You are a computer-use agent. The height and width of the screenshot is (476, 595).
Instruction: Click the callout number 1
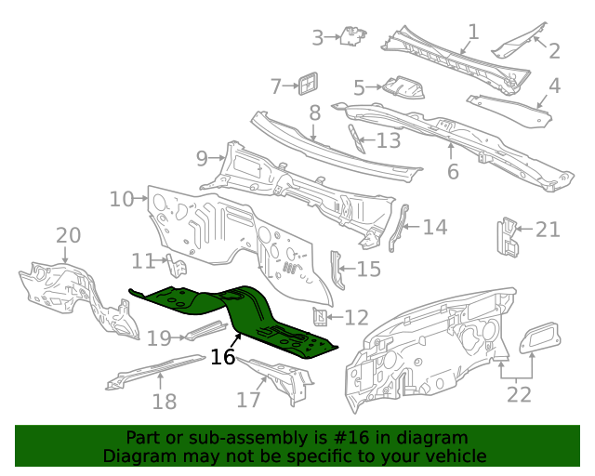click(473, 32)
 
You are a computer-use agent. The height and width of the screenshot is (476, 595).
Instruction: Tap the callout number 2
click(554, 51)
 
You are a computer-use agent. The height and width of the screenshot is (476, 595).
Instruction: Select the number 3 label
click(318, 38)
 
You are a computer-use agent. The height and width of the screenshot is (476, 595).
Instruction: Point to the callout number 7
click(276, 86)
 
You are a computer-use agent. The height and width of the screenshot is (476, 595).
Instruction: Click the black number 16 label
click(222, 357)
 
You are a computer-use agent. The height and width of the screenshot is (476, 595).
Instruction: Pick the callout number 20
click(69, 236)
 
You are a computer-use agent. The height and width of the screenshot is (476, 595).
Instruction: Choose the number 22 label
click(519, 394)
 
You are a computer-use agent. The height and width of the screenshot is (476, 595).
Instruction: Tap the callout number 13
click(389, 141)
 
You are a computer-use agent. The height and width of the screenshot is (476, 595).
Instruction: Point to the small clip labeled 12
click(319, 318)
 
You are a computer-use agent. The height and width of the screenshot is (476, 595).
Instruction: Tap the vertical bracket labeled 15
click(337, 270)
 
